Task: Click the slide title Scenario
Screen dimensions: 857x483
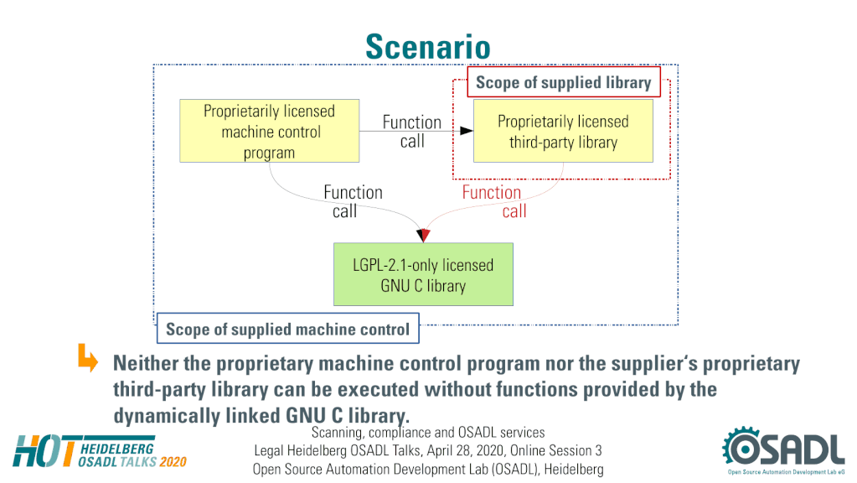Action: (x=428, y=46)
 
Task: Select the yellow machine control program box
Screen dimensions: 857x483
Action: (x=270, y=131)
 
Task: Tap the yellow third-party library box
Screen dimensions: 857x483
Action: (x=563, y=131)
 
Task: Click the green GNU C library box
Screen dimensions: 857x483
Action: (x=423, y=274)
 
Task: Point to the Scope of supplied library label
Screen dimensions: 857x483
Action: (x=564, y=82)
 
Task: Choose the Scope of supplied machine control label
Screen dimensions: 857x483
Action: (x=287, y=329)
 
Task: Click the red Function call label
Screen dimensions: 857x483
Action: (x=493, y=201)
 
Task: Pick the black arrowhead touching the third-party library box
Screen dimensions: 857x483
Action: (x=467, y=131)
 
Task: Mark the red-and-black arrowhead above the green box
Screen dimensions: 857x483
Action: (x=423, y=235)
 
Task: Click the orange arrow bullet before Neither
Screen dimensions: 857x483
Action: (x=87, y=358)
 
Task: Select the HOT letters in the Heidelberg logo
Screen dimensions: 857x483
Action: (x=44, y=451)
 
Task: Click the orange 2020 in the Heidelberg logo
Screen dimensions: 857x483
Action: (x=173, y=462)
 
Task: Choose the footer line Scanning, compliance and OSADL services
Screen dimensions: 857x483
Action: (x=428, y=433)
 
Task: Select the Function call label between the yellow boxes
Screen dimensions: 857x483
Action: (x=412, y=132)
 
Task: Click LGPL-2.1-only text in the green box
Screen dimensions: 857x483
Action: (x=395, y=265)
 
